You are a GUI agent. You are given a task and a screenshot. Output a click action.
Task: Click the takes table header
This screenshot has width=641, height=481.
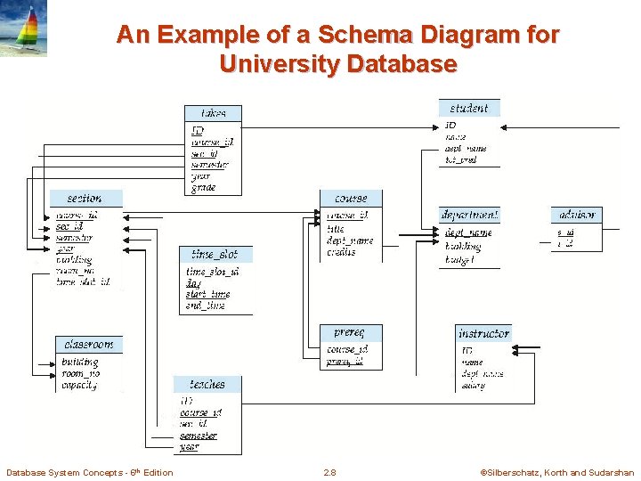[213, 113]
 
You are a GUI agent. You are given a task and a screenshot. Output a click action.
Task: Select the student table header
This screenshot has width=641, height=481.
[469, 108]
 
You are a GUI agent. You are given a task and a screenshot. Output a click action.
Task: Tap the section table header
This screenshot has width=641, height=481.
[85, 198]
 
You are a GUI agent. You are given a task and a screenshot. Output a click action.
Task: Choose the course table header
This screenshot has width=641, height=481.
[351, 198]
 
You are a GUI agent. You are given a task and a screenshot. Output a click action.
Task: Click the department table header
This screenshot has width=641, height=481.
[469, 215]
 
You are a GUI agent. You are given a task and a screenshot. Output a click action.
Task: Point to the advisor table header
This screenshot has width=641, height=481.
[577, 215]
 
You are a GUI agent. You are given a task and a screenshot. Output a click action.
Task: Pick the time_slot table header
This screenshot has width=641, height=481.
[215, 255]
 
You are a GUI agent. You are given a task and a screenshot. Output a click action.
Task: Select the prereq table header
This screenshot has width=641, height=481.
[345, 332]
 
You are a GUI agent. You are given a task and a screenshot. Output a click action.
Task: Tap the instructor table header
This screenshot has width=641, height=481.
[483, 333]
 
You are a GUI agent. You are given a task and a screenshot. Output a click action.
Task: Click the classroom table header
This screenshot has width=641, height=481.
[88, 344]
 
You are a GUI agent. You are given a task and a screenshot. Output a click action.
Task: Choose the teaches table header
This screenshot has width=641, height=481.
[207, 384]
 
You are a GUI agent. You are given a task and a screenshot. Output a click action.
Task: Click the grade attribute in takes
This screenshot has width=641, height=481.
[204, 188]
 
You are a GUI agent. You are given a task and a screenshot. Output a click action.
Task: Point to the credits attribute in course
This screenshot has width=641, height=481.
[341, 252]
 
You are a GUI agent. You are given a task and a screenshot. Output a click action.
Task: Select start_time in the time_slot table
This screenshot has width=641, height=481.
[207, 294]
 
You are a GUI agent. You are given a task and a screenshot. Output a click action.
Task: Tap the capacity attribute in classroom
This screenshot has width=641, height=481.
[78, 386]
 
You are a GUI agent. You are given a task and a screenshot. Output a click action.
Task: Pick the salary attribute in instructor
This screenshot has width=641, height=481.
[473, 386]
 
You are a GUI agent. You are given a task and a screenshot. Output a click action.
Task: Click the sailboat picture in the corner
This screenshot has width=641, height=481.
[24, 29]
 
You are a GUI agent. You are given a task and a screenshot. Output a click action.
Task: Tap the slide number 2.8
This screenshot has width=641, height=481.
[329, 472]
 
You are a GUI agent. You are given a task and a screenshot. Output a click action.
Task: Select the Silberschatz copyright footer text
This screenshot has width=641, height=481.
[557, 472]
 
